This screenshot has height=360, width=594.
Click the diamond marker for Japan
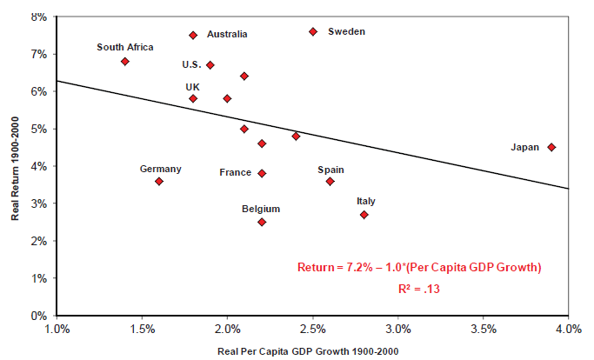click(551, 148)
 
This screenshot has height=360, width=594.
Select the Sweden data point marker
click(313, 31)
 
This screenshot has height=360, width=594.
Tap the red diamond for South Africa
click(125, 62)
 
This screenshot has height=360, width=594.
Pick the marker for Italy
click(364, 215)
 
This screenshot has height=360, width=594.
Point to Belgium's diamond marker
click(262, 222)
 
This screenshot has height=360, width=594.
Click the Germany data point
click(159, 181)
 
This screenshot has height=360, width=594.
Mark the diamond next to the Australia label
click(193, 35)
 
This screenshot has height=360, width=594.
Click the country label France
click(236, 173)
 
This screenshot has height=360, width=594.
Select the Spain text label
click(330, 170)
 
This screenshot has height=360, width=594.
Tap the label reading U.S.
click(191, 64)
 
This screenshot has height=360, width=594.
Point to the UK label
click(192, 87)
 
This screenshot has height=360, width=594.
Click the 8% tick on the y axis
click(37, 17)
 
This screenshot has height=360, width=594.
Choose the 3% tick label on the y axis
click(37, 203)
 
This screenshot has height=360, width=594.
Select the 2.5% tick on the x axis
click(313, 330)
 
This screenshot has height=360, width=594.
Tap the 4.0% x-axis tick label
click(568, 330)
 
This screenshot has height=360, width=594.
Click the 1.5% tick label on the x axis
click(142, 330)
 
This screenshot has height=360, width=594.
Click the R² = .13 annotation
click(419, 288)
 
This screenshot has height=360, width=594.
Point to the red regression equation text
click(419, 268)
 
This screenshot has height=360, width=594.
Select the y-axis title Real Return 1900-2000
click(15, 165)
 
